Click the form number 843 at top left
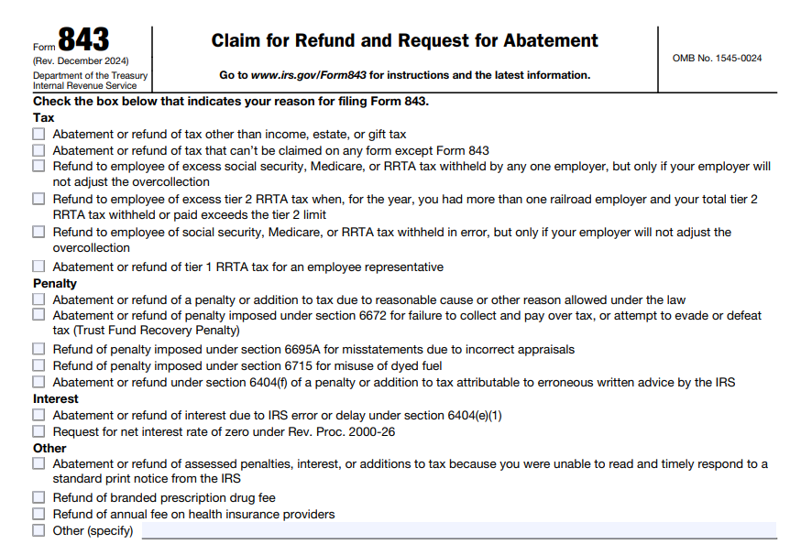click(x=83, y=40)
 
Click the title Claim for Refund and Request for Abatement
click(x=404, y=41)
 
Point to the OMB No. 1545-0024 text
click(x=717, y=59)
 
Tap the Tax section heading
click(x=43, y=117)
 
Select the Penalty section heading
click(x=55, y=283)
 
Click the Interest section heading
click(x=56, y=398)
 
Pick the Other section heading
click(x=49, y=448)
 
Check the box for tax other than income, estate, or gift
click(x=38, y=134)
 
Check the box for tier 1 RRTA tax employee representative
click(x=38, y=267)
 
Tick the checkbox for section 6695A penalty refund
click(x=38, y=349)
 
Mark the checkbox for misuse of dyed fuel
click(x=38, y=365)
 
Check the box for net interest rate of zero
click(x=38, y=431)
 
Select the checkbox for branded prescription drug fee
click(x=38, y=497)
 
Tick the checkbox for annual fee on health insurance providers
click(x=38, y=514)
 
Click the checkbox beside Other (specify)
click(x=38, y=530)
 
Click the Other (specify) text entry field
click(x=458, y=530)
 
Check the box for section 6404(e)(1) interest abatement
click(x=38, y=415)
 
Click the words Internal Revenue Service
click(x=84, y=85)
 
